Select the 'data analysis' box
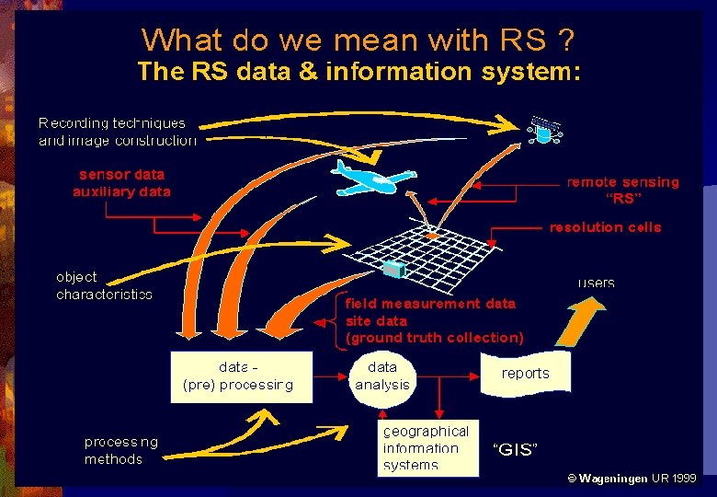382,376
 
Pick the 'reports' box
525,374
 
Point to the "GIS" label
516,449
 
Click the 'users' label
597,283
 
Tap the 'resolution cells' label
605,227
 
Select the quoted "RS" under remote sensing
623,199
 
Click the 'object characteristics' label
104,285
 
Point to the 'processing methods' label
120,450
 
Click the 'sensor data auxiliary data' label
121,182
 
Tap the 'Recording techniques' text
111,122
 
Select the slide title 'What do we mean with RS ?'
358,40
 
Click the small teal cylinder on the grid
394,269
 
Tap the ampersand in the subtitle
306,72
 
